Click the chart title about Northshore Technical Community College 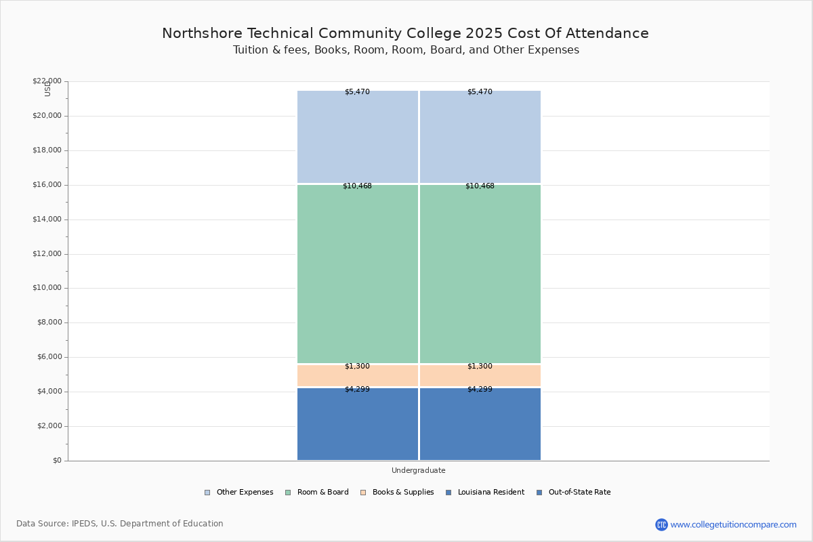[405, 33]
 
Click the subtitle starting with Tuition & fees [406, 50]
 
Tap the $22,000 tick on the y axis [47, 81]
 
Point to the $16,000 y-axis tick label [47, 185]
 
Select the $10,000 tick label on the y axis [47, 288]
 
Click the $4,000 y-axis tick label [49, 392]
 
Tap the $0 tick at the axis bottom [56, 461]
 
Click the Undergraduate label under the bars [418, 470]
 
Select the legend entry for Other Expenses [245, 493]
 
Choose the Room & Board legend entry [322, 493]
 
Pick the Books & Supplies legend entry [402, 493]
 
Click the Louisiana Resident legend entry [491, 493]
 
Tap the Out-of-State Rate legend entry [579, 493]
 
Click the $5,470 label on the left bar [357, 92]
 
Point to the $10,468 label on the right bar [480, 186]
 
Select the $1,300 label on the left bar [357, 367]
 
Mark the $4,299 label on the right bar [480, 390]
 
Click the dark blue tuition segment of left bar [358, 427]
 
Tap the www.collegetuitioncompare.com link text [733, 524]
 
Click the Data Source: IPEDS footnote [120, 524]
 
